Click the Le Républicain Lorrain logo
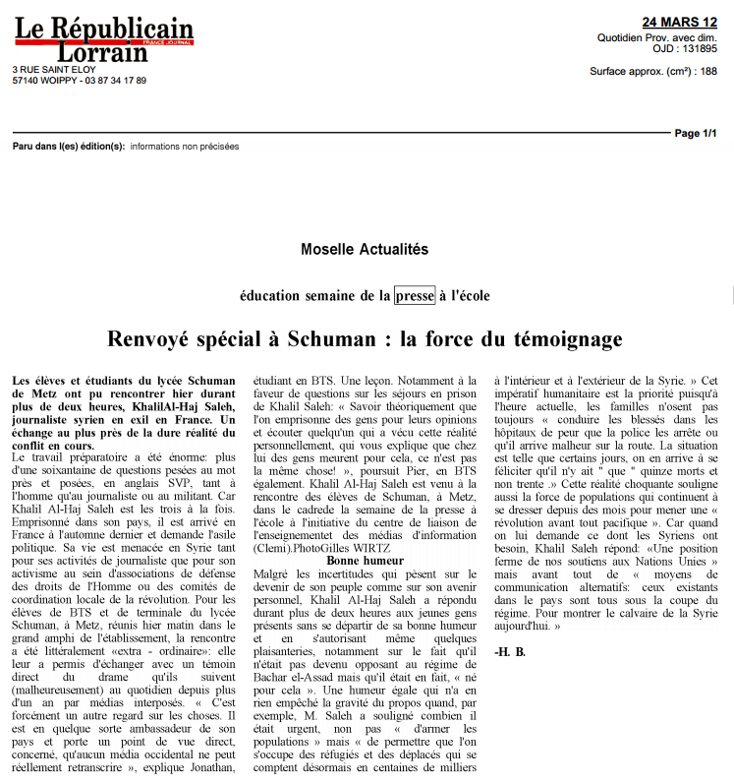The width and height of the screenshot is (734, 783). click(x=103, y=40)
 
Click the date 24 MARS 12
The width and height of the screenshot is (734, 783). click(x=680, y=22)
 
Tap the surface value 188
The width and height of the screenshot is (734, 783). click(x=708, y=71)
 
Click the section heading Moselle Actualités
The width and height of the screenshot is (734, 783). click(x=365, y=250)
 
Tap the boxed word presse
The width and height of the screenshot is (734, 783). click(x=415, y=295)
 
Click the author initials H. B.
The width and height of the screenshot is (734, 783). click(x=510, y=652)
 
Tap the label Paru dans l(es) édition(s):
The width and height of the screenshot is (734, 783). click(x=69, y=146)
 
